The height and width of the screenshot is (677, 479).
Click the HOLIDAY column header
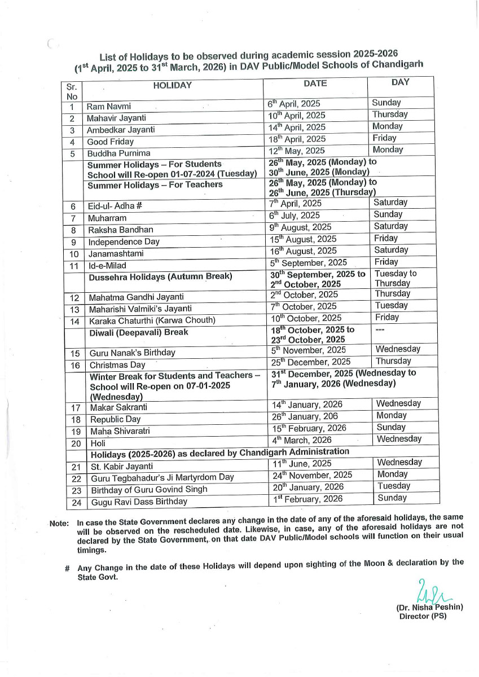[x=172, y=86]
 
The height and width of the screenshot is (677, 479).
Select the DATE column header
[x=315, y=83]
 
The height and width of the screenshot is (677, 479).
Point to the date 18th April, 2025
[x=297, y=139]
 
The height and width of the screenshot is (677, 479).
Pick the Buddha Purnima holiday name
[x=118, y=153]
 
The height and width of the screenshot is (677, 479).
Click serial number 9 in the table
[x=73, y=242]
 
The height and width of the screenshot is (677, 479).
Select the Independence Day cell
[x=124, y=241]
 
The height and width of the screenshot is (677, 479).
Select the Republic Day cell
[x=115, y=420]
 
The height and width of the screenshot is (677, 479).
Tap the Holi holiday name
[x=98, y=443]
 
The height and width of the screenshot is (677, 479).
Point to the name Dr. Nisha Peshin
[x=429, y=608]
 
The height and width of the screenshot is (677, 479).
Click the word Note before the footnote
[x=59, y=524]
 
